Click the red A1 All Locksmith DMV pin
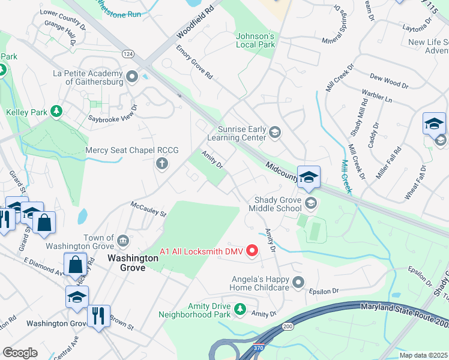(x=252, y=251)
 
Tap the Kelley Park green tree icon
(x=56, y=112)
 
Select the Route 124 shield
(x=127, y=54)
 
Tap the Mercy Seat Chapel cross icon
(x=161, y=163)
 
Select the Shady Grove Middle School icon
(x=310, y=203)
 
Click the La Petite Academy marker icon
(x=133, y=77)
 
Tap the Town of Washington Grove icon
(x=122, y=241)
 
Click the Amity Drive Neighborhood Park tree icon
(x=240, y=310)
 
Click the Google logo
(x=20, y=352)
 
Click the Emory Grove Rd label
(x=194, y=62)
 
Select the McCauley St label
(x=148, y=211)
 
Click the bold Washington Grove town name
(x=133, y=263)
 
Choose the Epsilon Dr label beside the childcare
(x=324, y=291)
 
